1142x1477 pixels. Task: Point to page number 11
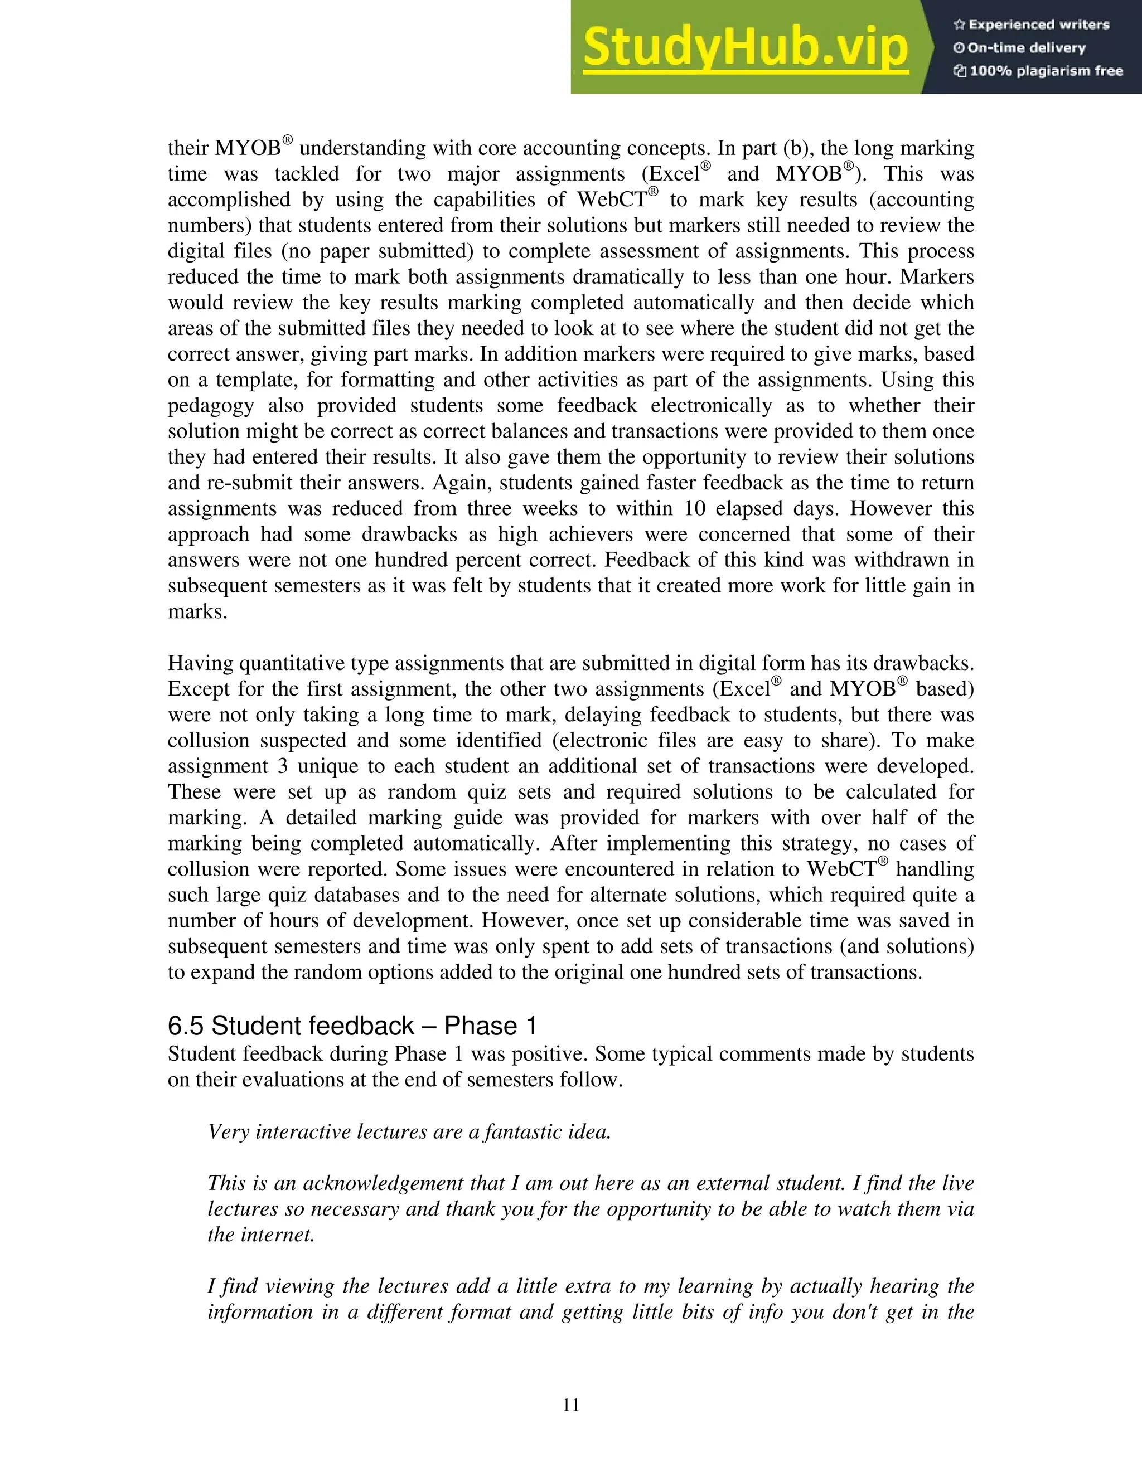pos(571,1405)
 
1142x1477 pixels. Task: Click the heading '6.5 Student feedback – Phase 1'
pos(352,1026)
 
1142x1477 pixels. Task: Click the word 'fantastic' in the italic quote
pos(517,1132)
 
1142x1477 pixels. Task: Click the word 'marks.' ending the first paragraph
pos(197,612)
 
